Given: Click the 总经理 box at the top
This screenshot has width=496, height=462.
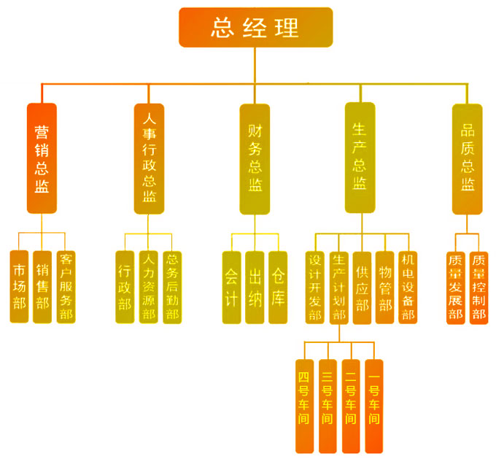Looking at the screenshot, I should point(255,27).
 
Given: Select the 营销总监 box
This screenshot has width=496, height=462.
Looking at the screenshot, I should point(42,158).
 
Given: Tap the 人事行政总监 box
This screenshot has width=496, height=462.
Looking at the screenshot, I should point(149,158).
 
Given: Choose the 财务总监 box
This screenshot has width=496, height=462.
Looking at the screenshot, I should point(255,158).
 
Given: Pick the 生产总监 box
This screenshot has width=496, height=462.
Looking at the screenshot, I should point(360,158).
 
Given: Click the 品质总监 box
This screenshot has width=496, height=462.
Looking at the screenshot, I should point(467,158).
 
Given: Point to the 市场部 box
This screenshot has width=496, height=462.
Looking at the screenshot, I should point(20,287).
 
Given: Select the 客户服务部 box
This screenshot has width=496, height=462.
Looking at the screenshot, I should point(66,287).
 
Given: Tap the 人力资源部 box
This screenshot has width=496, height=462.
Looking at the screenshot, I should point(149,287).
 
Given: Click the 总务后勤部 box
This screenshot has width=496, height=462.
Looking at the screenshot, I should point(172,287).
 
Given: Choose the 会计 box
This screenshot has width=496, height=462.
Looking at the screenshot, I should point(231,287).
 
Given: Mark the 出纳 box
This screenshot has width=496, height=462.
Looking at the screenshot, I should point(255,287).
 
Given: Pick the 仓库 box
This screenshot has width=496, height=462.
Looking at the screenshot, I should point(278,287).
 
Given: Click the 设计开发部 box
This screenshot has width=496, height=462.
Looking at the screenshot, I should point(315,287).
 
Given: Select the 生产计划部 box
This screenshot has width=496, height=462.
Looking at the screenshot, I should point(338,287).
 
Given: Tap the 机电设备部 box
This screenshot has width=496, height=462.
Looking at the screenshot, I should point(408,287).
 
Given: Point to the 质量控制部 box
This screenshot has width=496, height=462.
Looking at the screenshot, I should point(478,287).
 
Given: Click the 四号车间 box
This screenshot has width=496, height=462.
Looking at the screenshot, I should point(304,406).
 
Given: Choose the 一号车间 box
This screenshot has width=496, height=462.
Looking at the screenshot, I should point(373,406).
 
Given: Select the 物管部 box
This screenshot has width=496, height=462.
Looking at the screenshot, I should point(384,287).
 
